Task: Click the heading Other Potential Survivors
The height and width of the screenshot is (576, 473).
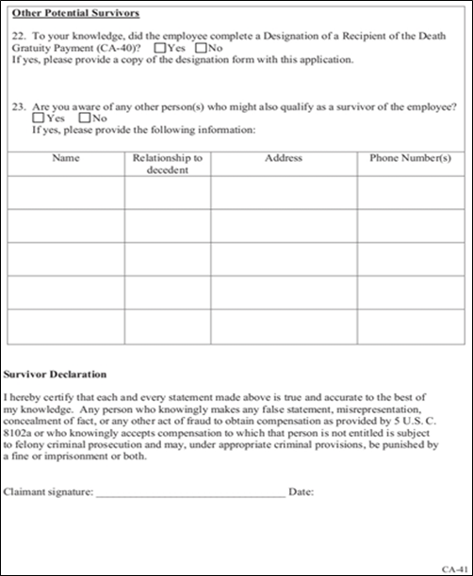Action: pyautogui.click(x=75, y=13)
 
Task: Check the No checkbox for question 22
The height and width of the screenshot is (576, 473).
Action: pyautogui.click(x=200, y=47)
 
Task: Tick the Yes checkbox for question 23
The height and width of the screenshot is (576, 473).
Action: pyautogui.click(x=37, y=119)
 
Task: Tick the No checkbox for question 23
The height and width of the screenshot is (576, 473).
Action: pyautogui.click(x=86, y=119)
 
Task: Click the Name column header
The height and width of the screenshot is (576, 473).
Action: pyautogui.click(x=66, y=158)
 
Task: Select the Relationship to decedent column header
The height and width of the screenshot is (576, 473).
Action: pyautogui.click(x=168, y=164)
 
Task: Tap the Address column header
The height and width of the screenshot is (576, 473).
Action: pyautogui.click(x=283, y=158)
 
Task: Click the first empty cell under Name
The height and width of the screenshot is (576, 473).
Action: pyautogui.click(x=66, y=192)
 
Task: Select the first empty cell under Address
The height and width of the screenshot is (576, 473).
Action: pyautogui.click(x=283, y=192)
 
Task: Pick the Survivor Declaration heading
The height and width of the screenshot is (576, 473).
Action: pyautogui.click(x=55, y=375)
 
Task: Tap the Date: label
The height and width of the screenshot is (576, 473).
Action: pyautogui.click(x=302, y=492)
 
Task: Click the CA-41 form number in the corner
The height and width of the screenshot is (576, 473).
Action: pyautogui.click(x=456, y=568)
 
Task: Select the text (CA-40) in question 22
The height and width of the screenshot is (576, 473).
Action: pyautogui.click(x=122, y=48)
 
